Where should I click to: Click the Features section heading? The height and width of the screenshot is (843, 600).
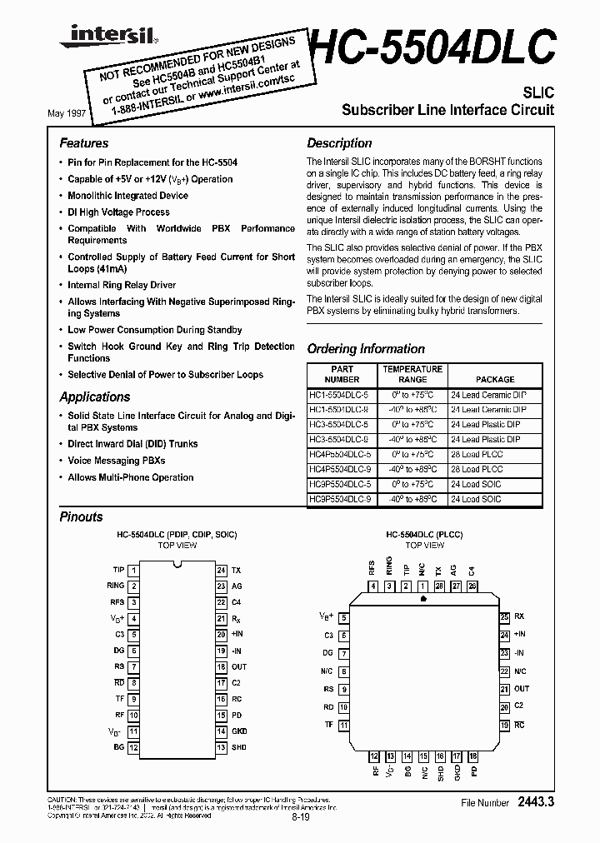point(84,143)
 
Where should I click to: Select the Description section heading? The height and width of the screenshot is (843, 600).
point(339,143)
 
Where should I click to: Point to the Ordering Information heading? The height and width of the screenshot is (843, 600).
point(366,349)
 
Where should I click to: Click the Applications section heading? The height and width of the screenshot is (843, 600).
point(95,397)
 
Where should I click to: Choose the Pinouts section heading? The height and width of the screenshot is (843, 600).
point(82,516)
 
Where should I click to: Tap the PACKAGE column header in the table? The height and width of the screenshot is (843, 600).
point(494,380)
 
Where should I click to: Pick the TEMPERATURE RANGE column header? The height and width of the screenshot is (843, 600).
point(412,374)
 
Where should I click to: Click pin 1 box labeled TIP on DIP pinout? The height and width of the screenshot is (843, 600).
point(133,571)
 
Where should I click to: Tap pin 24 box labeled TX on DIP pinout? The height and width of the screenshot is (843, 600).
point(221,571)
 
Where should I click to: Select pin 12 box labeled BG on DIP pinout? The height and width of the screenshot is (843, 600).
point(133,746)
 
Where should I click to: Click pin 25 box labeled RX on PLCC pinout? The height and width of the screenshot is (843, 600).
point(504,617)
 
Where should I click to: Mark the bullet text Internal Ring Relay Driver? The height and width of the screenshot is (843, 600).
point(122,285)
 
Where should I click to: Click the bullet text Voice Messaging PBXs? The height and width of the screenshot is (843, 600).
point(117,461)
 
